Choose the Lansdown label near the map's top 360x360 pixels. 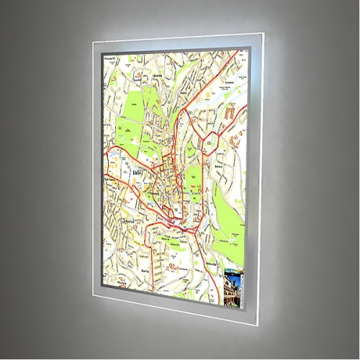click(157, 74)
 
